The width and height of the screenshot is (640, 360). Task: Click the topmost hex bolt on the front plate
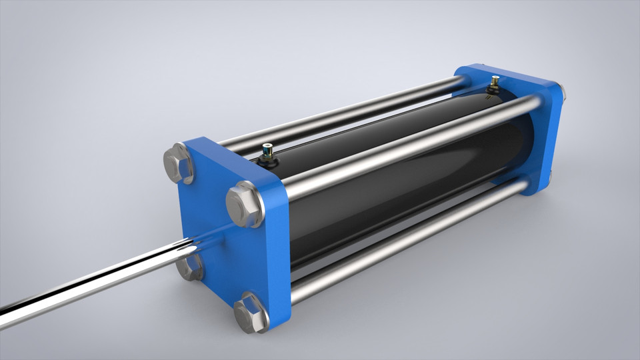point(179,163)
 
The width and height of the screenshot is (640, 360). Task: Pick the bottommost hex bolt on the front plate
point(251,311)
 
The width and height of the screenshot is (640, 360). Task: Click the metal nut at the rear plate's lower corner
point(550,179)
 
